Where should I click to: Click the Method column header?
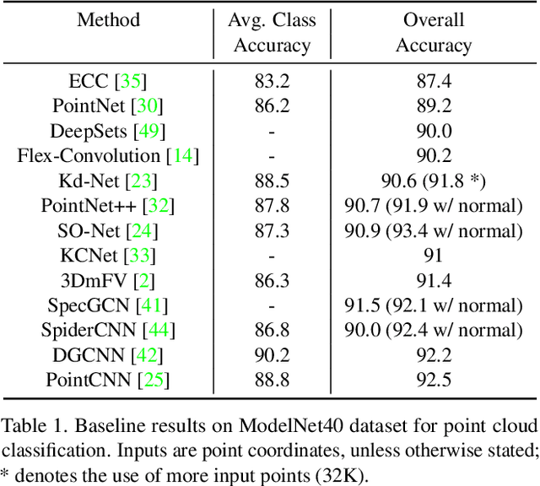pyautogui.click(x=109, y=19)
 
